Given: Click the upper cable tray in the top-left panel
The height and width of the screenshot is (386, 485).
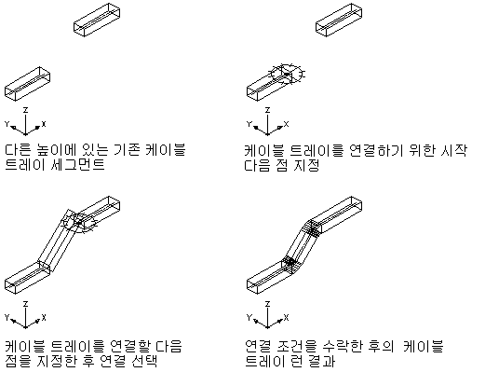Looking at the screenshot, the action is coord(97,20).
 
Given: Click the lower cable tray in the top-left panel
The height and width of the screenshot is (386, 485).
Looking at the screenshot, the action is coord(27,84).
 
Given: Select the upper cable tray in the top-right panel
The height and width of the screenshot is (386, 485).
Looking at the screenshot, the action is coord(339,20).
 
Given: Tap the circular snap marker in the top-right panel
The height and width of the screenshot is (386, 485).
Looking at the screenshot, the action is coord(287,75).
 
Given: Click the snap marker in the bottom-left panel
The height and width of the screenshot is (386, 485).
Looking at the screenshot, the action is coord(80,223).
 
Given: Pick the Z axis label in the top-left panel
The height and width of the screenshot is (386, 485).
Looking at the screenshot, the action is coord(26,110).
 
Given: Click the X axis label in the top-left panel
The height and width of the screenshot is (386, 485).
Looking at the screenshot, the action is coord(44,124).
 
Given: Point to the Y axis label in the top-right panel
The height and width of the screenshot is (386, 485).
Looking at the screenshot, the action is coord(249,124).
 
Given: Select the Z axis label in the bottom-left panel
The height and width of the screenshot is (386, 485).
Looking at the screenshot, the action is coord(26,304).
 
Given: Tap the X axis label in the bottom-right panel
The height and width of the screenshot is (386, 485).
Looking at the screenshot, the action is coord(286,318).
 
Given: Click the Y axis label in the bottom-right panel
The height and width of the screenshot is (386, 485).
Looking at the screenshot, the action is coord(249,318).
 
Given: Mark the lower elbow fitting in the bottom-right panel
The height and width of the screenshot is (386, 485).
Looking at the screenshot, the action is coord(290,263).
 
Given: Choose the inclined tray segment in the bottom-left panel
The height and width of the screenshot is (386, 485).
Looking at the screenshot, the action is coord(58,241).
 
